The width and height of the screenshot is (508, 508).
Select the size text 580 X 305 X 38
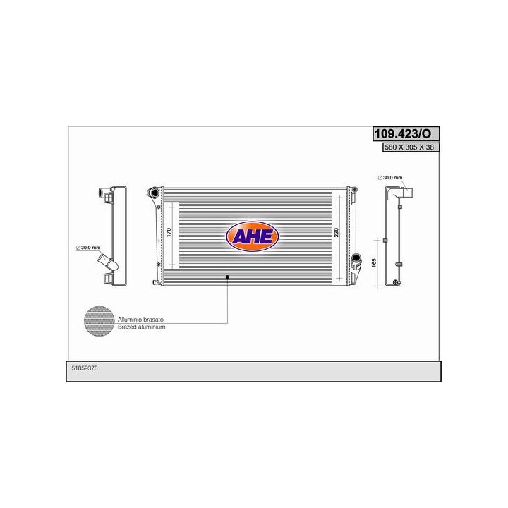pos(406,148)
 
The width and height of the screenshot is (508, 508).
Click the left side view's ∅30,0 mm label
pos(89,248)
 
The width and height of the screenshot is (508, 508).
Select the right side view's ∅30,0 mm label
pos(390,177)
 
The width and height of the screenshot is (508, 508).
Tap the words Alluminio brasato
pos(139,321)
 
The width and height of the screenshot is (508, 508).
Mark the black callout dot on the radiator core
pos(227,278)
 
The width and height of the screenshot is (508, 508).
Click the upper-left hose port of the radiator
pos(152,192)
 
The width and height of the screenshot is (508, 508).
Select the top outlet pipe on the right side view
pos(409,192)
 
